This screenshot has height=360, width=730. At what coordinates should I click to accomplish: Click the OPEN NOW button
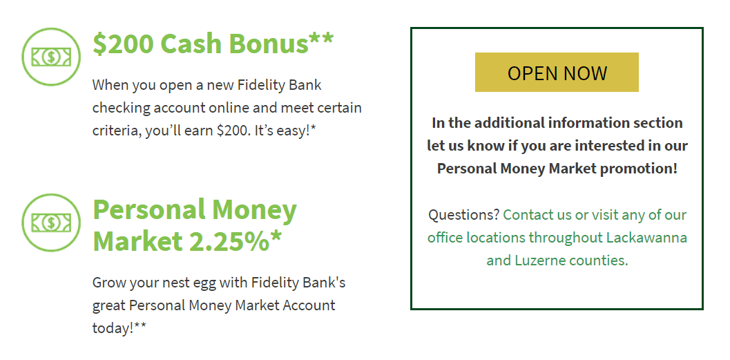[557, 72]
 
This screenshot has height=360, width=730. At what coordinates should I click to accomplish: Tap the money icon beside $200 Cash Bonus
[51, 57]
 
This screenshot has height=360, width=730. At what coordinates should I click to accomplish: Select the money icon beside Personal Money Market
[51, 222]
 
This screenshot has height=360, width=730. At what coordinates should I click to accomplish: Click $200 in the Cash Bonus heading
[124, 44]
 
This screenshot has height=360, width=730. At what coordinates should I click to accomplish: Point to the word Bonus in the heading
[268, 44]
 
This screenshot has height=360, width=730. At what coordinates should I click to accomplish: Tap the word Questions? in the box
[463, 215]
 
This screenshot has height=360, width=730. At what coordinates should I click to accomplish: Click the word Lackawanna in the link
[646, 238]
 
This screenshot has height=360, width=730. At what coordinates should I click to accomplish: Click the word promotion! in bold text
[639, 169]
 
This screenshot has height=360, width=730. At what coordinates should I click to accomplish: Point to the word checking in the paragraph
[122, 108]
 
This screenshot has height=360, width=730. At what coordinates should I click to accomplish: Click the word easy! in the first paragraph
[295, 131]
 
